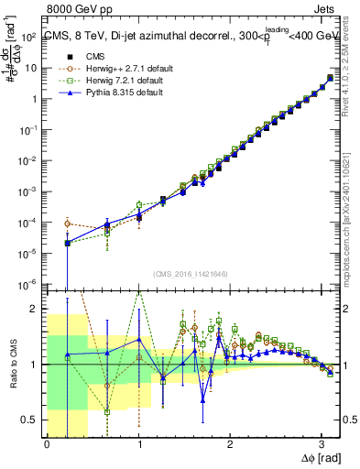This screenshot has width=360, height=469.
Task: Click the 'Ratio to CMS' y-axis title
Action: (x=13, y=364)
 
